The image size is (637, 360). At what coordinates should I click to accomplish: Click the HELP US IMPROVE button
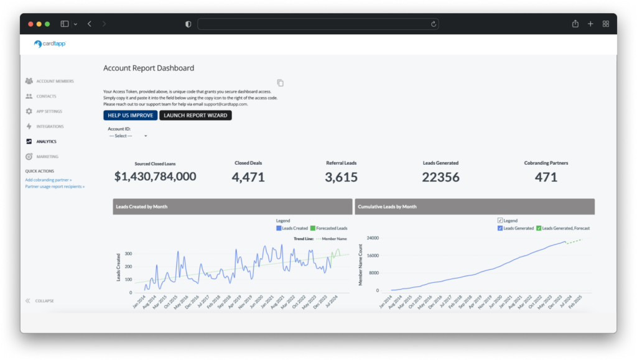130,116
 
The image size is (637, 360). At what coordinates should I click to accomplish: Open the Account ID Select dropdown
128,136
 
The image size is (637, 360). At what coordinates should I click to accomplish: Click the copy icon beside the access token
280,83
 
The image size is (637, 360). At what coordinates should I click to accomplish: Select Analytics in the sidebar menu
46,142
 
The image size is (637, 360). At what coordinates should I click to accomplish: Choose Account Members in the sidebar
54,81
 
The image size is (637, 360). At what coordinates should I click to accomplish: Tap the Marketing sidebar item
47,157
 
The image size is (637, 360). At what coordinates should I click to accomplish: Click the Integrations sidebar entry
50,127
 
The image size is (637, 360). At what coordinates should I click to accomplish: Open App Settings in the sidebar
49,111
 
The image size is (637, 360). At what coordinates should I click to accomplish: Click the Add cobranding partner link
49,180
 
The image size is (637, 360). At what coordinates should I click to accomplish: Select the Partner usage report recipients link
55,187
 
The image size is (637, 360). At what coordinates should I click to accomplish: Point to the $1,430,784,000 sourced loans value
155,177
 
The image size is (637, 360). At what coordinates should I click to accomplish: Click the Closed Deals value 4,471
248,177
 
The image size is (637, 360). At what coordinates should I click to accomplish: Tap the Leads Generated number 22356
440,177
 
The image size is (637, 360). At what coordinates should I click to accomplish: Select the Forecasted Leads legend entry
328,228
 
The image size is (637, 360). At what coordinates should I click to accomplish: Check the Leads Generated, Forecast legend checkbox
539,228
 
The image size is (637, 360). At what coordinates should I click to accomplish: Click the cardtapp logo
50,44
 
